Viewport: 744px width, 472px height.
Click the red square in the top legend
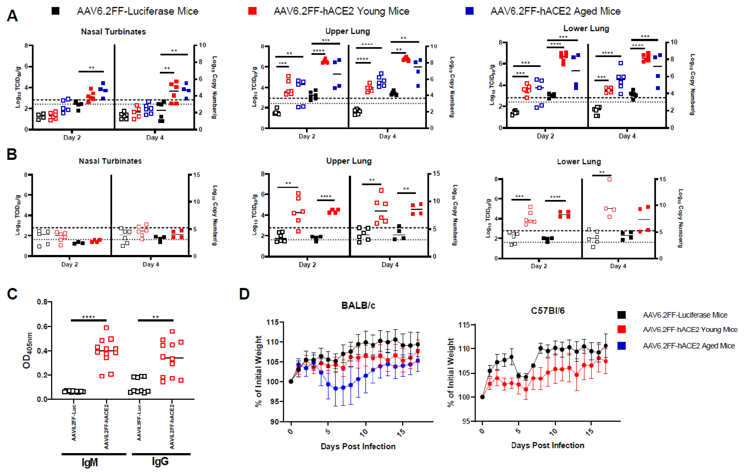point(252,11)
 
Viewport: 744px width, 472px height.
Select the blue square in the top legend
point(469,11)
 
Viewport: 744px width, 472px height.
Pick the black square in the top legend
point(56,11)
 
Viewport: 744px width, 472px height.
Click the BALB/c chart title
point(358,306)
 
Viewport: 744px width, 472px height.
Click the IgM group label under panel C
point(90,462)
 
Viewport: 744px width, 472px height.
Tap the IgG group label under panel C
point(160,461)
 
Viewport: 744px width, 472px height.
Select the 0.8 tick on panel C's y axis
point(42,302)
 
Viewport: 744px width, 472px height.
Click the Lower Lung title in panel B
point(579,162)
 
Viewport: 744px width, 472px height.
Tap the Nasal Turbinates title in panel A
point(113,32)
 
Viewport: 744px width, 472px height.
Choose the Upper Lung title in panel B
point(349,161)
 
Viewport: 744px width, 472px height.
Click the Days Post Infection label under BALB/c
point(358,446)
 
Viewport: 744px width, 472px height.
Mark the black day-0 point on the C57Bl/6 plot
point(482,397)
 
